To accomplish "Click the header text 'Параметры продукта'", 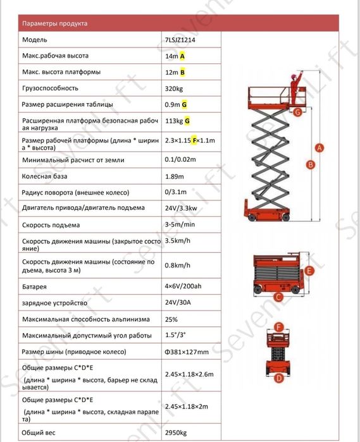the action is pyautogui.click(x=55, y=23).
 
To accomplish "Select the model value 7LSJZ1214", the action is pyautogui.click(x=180, y=40).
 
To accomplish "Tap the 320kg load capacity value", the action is pyautogui.click(x=174, y=89).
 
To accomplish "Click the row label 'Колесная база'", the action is pyautogui.click(x=44, y=176).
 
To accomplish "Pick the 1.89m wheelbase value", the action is pyautogui.click(x=175, y=176).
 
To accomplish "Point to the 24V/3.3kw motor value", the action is pyautogui.click(x=181, y=208).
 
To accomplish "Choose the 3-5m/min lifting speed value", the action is pyautogui.click(x=180, y=224).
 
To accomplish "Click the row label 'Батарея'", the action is pyautogui.click(x=34, y=287).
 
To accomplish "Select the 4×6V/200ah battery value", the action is pyautogui.click(x=183, y=286).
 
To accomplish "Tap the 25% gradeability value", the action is pyautogui.click(x=171, y=320).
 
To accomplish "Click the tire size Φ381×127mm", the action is pyautogui.click(x=187, y=352).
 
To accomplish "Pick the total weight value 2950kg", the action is pyautogui.click(x=176, y=433).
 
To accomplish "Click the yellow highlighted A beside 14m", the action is pyautogui.click(x=182, y=56).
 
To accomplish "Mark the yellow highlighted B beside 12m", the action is pyautogui.click(x=182, y=73).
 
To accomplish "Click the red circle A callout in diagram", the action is pyautogui.click(x=320, y=148).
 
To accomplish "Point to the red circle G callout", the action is pyautogui.click(x=297, y=112).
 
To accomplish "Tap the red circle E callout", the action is pyautogui.click(x=309, y=271).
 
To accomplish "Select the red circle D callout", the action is pyautogui.click(x=279, y=378).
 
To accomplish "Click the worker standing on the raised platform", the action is pyautogui.click(x=295, y=88).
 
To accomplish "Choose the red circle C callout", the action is pyautogui.click(x=278, y=297).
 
